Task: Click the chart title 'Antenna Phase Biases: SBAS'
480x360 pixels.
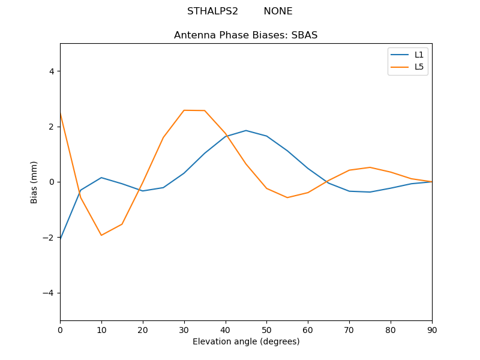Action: pos(245,35)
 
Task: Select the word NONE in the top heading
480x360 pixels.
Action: pos(278,11)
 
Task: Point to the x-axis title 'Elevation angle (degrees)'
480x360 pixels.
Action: pos(246,342)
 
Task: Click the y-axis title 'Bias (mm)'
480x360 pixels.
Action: pos(34,182)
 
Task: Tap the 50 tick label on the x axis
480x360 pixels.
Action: pos(266,329)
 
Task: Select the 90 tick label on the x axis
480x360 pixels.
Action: pos(432,329)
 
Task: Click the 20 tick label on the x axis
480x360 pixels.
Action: pos(143,329)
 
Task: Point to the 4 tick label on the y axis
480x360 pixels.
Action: pos(52,71)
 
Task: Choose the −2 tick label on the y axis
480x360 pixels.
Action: pos(49,238)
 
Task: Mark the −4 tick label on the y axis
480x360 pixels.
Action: pos(49,293)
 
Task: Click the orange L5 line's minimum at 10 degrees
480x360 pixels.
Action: pos(101,235)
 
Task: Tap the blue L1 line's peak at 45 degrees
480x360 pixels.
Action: pos(246,130)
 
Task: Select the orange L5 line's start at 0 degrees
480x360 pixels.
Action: pos(61,113)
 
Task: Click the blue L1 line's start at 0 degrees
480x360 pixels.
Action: pos(61,239)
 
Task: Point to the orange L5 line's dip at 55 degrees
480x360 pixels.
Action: pos(287,197)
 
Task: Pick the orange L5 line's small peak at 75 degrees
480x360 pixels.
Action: pos(370,167)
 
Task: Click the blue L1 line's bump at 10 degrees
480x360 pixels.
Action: pos(101,178)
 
